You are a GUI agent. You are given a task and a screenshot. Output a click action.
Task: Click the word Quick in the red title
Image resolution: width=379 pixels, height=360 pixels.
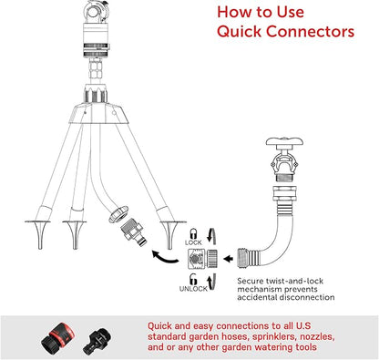(x=240, y=32)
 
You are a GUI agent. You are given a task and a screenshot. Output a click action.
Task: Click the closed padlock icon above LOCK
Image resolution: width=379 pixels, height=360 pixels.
(x=193, y=234)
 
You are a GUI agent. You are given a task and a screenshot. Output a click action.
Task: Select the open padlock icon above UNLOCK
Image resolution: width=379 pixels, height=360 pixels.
(x=193, y=279)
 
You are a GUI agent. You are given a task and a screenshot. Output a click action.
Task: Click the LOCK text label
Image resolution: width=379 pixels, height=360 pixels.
(x=193, y=242)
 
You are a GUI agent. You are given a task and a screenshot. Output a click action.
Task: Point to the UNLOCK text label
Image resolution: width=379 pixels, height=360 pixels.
(x=193, y=289)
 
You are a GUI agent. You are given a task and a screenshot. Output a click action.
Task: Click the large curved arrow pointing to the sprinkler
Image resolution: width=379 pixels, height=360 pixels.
(x=165, y=257)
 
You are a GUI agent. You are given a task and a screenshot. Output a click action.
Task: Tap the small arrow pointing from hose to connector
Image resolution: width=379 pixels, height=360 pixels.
(x=228, y=259)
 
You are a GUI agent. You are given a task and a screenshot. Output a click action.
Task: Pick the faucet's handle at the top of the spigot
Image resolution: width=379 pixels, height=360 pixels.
(x=284, y=142)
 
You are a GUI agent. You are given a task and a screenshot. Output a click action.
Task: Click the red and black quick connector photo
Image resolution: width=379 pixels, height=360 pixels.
(x=58, y=336)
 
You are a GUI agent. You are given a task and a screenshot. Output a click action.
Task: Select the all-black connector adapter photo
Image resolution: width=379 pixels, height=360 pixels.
(x=97, y=339)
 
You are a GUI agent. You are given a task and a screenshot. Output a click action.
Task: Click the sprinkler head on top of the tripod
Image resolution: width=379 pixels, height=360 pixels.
(x=96, y=29)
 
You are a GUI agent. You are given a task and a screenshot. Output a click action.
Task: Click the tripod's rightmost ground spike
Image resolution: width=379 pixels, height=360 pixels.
(x=170, y=235)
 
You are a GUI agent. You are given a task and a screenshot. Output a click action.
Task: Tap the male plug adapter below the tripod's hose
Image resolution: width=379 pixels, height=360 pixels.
(x=134, y=231)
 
